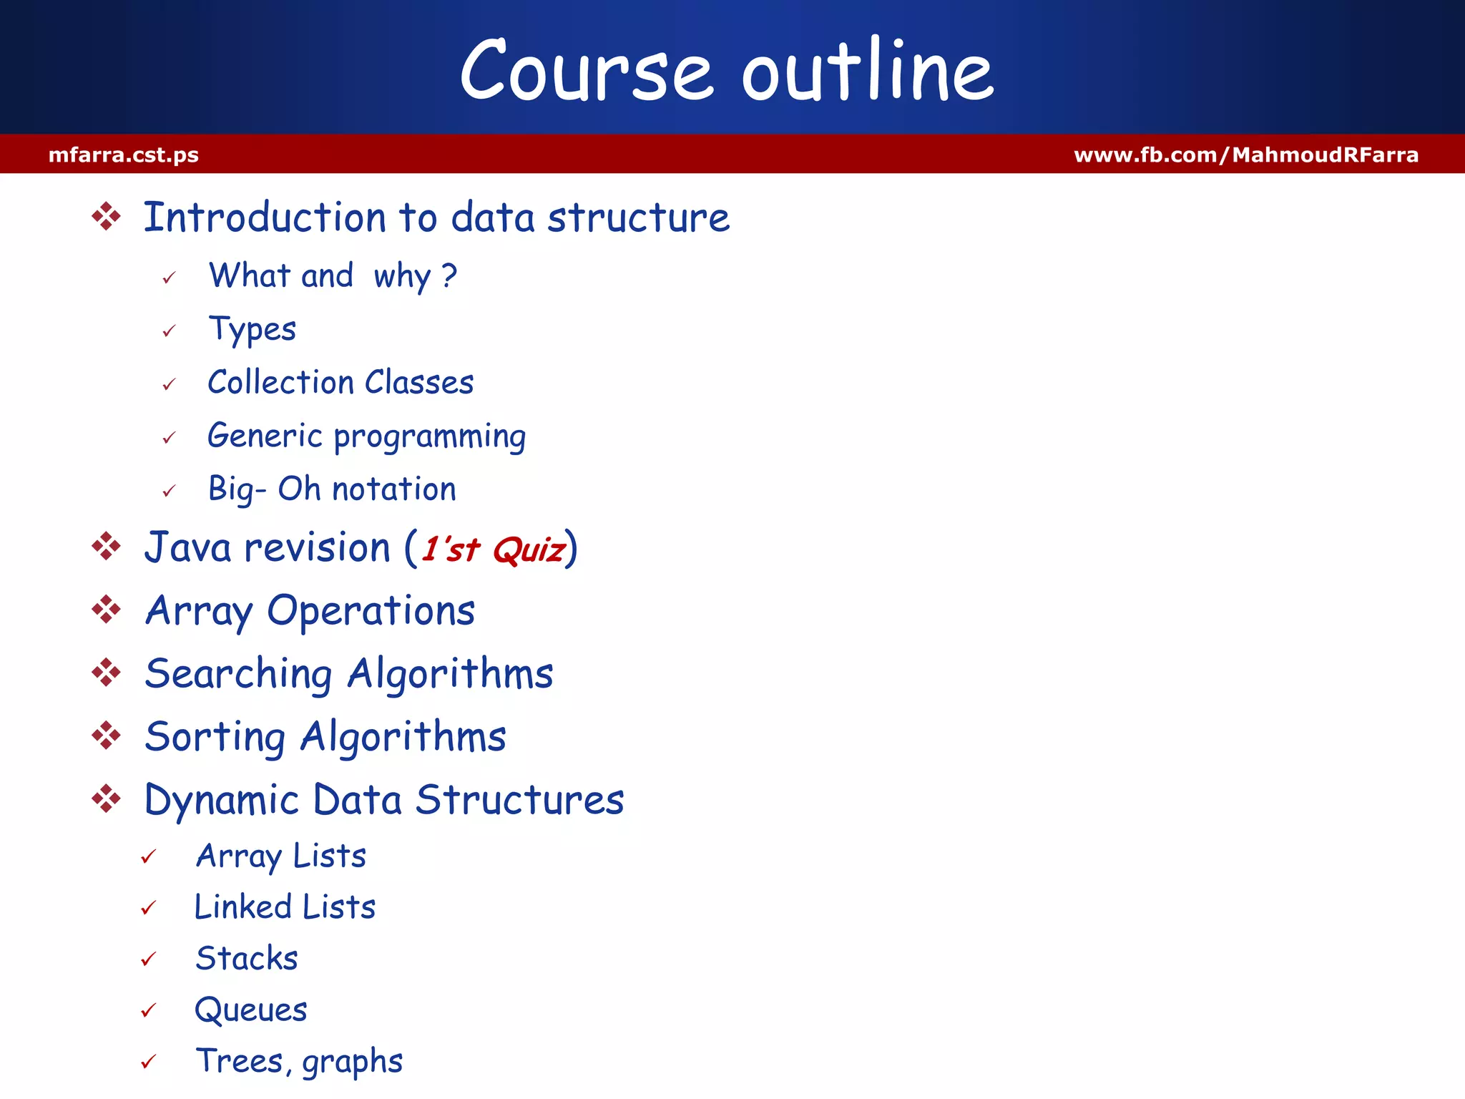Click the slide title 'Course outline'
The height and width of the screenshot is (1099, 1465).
pyautogui.click(x=727, y=70)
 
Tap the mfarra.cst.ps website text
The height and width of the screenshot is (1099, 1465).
pyautogui.click(x=124, y=155)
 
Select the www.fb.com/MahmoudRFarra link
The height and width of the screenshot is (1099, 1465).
pyautogui.click(x=1246, y=155)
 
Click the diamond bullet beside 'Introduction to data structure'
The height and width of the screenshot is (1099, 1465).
pyautogui.click(x=107, y=217)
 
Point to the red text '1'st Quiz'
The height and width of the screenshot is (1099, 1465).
pyautogui.click(x=493, y=549)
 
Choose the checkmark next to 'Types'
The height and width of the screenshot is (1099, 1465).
pyautogui.click(x=169, y=331)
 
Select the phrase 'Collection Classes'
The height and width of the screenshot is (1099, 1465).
pyautogui.click(x=340, y=382)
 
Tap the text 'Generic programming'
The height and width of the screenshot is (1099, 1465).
pyautogui.click(x=366, y=436)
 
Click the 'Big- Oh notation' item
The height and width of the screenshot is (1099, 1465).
pyautogui.click(x=332, y=489)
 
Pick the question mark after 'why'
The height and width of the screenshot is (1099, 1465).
pyautogui.click(x=449, y=275)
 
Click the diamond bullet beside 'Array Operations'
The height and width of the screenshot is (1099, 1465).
pyautogui.click(x=107, y=610)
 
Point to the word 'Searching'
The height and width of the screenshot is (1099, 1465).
pyautogui.click(x=238, y=674)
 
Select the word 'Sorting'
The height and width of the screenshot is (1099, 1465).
pyautogui.click(x=215, y=737)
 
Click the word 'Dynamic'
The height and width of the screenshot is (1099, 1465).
pyautogui.click(x=221, y=800)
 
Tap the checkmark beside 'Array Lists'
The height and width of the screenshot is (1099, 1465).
pyautogui.click(x=149, y=856)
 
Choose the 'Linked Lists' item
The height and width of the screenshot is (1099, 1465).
pyautogui.click(x=285, y=907)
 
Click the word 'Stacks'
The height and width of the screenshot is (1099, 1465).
pyautogui.click(x=247, y=959)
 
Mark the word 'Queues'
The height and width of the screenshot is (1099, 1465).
pyautogui.click(x=251, y=1010)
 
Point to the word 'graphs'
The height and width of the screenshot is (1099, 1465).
pyautogui.click(x=352, y=1062)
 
